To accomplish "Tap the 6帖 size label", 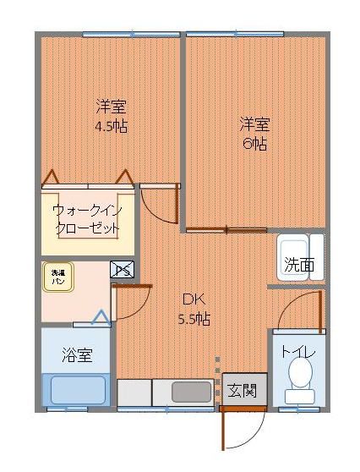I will coord(254,143).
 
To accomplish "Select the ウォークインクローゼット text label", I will coord(85,219).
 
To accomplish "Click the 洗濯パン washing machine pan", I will coord(58,277).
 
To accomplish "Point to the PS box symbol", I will coord(122,270).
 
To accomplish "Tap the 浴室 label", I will coord(76,355).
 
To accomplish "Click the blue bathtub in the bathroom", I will coord(76,390).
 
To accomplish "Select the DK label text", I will coord(194,299).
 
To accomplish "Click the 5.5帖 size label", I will coord(194,320).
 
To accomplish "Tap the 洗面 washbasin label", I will coord(299,265).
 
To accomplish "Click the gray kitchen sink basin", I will coord(192,392).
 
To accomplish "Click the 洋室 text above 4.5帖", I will coord(111,107).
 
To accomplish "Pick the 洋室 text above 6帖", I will coord(254,123).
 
